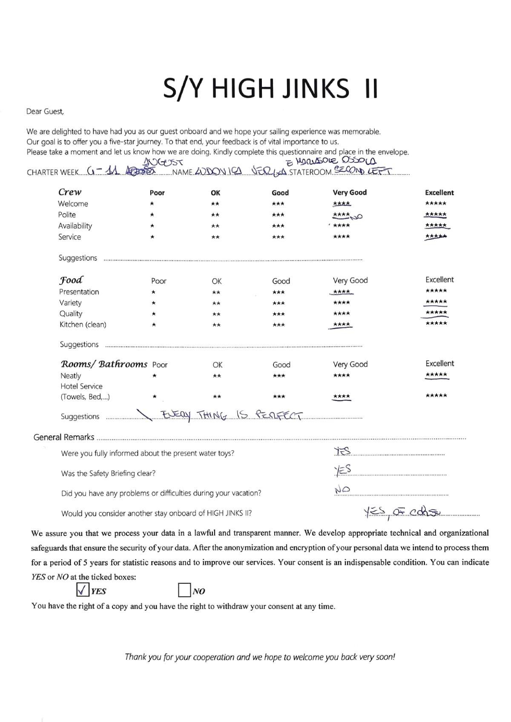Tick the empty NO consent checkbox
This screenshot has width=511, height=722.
coord(184,590)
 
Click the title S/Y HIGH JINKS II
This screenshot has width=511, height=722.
coord(270,89)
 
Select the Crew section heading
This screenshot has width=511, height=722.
coord(70,192)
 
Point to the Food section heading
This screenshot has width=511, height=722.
coord(71,280)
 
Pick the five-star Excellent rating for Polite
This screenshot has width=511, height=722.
coord(436,215)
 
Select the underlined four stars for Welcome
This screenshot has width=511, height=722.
coord(342,203)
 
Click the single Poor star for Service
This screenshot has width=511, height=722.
coord(152,237)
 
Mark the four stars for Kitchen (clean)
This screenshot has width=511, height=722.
coord(341,325)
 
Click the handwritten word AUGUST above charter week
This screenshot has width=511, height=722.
coord(164,162)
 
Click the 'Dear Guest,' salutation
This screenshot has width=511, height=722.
coord(45,112)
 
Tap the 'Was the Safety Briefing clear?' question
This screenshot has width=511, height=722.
coord(108,473)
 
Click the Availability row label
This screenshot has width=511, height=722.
coord(75,226)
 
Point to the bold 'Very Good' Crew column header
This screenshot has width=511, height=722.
coord(350,192)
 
